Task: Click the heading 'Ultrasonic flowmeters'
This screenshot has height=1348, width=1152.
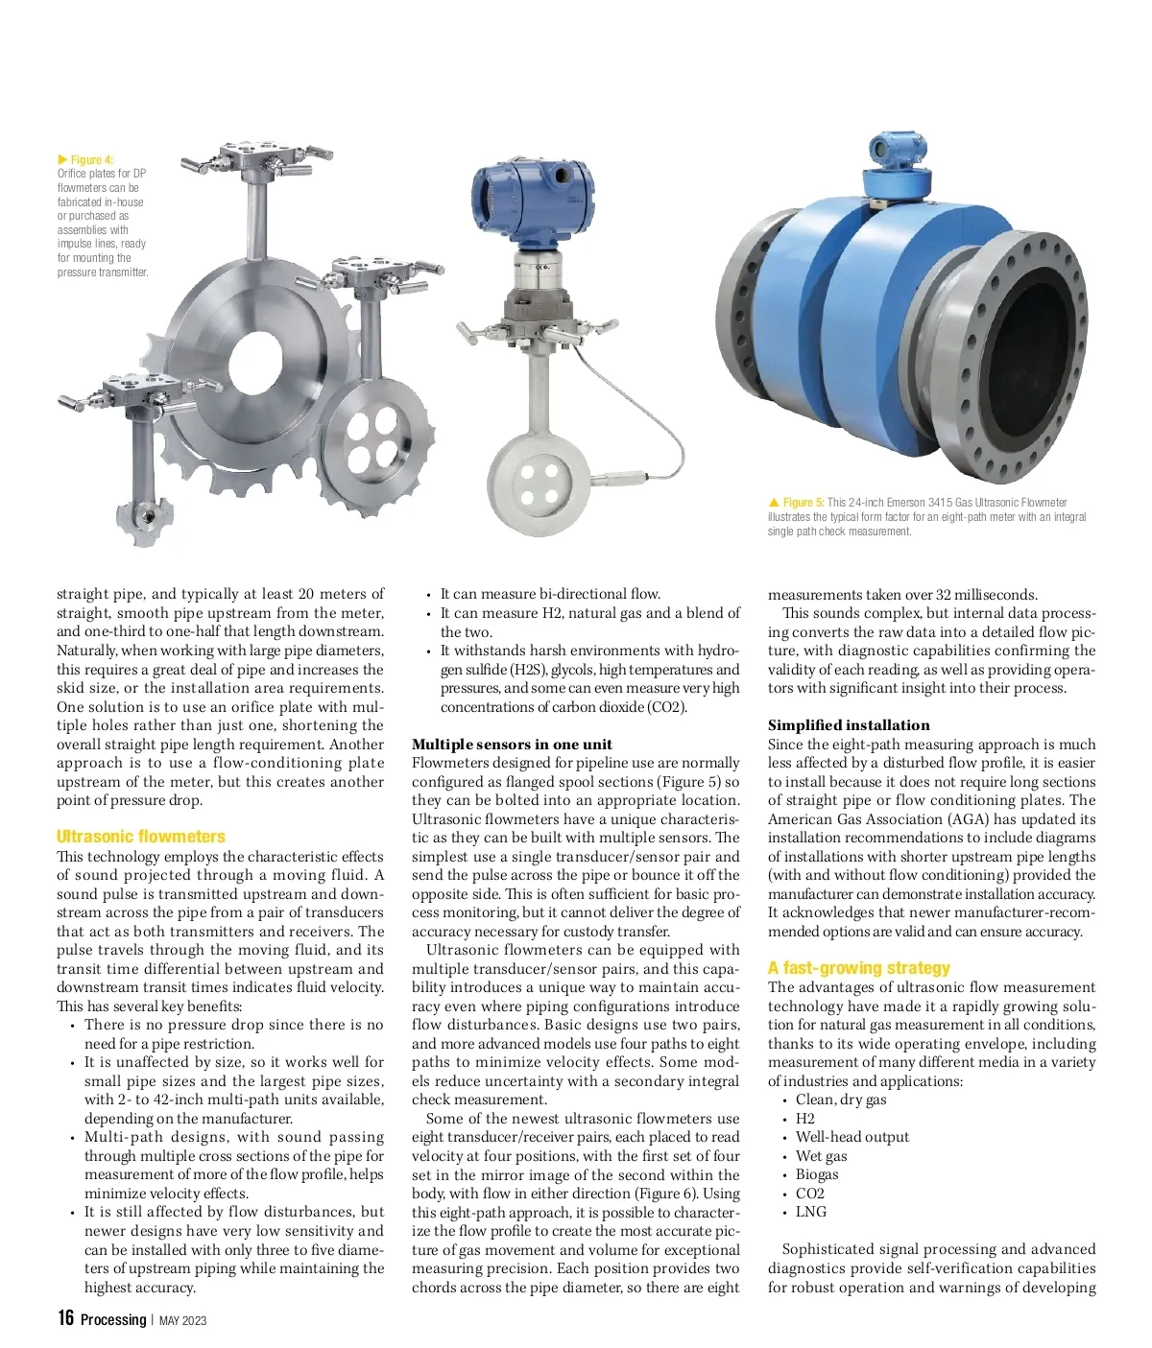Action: tap(141, 837)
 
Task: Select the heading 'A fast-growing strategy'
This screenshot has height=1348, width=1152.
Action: tap(858, 968)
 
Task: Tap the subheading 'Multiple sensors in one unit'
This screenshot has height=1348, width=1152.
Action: tap(512, 745)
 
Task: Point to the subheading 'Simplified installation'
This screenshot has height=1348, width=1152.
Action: tap(849, 725)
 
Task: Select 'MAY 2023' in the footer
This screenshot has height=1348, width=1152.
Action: tap(182, 1320)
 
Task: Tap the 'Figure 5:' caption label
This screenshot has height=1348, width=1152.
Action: tap(803, 503)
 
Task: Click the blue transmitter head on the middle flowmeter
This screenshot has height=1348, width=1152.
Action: tap(530, 202)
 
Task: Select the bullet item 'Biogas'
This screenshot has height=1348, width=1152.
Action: tap(817, 1174)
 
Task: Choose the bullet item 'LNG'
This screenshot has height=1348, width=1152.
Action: tap(810, 1212)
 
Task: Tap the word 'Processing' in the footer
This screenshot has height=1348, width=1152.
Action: tap(113, 1320)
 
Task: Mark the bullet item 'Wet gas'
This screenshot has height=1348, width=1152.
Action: tap(821, 1156)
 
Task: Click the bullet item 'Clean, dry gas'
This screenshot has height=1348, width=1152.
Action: tap(840, 1100)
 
